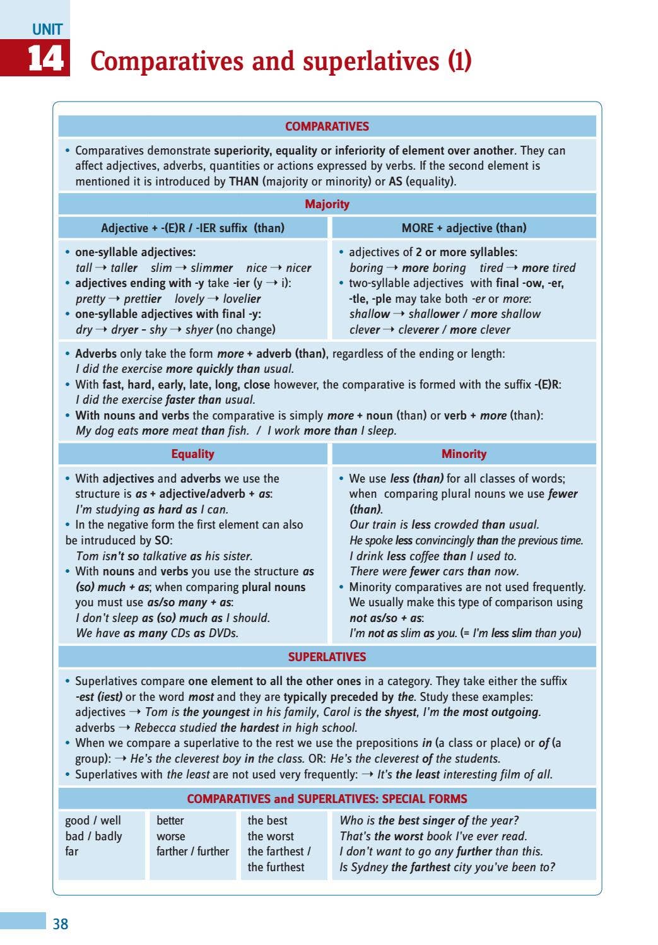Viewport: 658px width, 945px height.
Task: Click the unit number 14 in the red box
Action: click(x=45, y=59)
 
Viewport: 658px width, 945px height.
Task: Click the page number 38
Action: click(x=61, y=924)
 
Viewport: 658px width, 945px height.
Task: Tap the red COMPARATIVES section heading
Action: click(x=327, y=126)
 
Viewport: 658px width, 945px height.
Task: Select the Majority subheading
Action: click(x=327, y=204)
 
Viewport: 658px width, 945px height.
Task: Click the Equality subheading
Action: click(x=192, y=454)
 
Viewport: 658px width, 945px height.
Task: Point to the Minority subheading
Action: click(x=464, y=454)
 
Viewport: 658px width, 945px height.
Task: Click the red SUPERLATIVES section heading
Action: click(x=327, y=657)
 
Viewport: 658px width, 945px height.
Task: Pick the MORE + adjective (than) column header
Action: click(x=464, y=228)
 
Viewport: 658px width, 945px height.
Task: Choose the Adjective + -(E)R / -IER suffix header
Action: click(x=192, y=228)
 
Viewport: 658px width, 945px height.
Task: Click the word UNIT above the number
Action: click(x=47, y=29)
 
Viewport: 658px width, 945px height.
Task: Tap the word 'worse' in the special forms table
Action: click(x=171, y=836)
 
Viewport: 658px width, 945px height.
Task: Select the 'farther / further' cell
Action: click(x=192, y=851)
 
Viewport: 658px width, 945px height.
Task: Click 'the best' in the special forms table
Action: click(x=267, y=820)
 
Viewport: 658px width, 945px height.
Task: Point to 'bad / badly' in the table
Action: click(x=93, y=836)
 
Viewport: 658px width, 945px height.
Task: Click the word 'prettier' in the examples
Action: click(x=143, y=298)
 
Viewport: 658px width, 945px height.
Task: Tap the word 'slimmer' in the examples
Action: click(x=211, y=267)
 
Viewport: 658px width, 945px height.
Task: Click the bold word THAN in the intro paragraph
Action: click(x=244, y=181)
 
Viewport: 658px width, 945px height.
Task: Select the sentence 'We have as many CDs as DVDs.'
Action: click(x=157, y=633)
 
